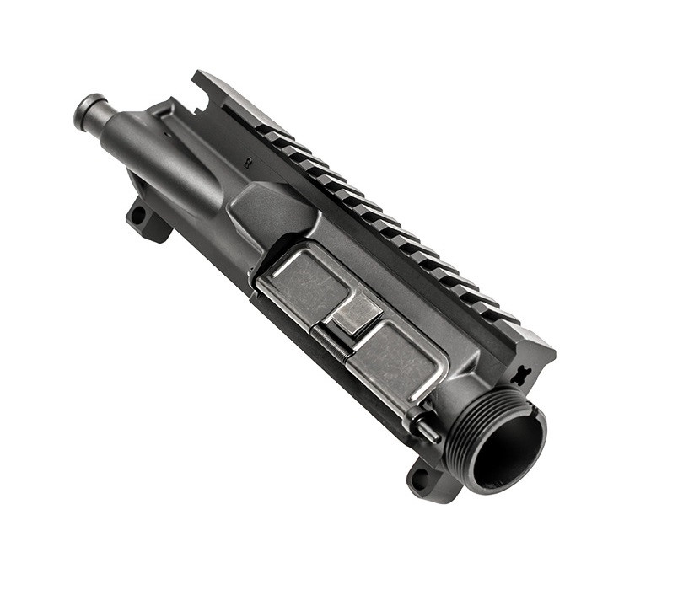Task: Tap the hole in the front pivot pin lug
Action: (417, 481)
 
